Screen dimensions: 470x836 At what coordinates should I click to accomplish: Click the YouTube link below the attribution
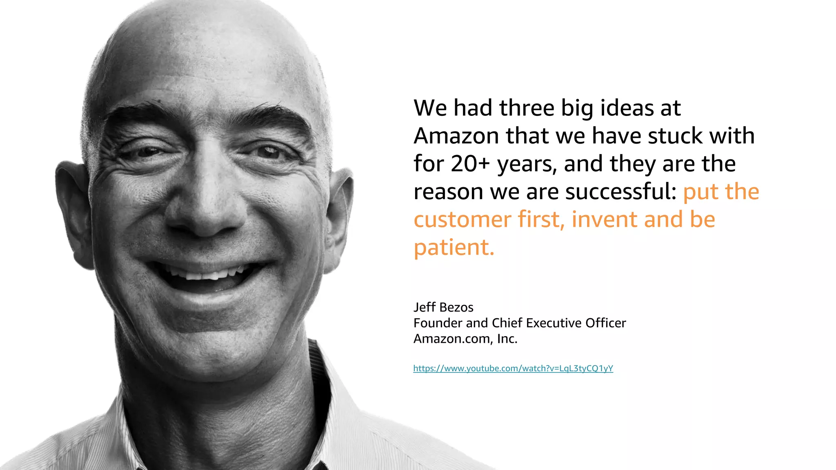[x=513, y=368]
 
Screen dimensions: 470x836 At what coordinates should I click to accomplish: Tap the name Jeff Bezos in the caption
[x=443, y=307]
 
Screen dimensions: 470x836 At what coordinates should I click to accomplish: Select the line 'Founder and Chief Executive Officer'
[x=519, y=323]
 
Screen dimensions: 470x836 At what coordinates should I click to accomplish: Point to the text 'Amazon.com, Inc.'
[x=465, y=339]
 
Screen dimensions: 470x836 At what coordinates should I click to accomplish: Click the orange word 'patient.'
[x=454, y=247]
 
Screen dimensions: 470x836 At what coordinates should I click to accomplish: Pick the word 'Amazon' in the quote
[x=456, y=136]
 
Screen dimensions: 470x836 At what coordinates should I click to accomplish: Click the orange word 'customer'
[x=462, y=219]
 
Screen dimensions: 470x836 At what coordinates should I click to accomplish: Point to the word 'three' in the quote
[x=527, y=108]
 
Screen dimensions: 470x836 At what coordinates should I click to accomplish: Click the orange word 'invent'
[x=604, y=219]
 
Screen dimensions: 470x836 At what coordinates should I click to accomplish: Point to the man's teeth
[x=208, y=273]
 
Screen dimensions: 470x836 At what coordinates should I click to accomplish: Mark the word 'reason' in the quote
[x=448, y=192]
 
